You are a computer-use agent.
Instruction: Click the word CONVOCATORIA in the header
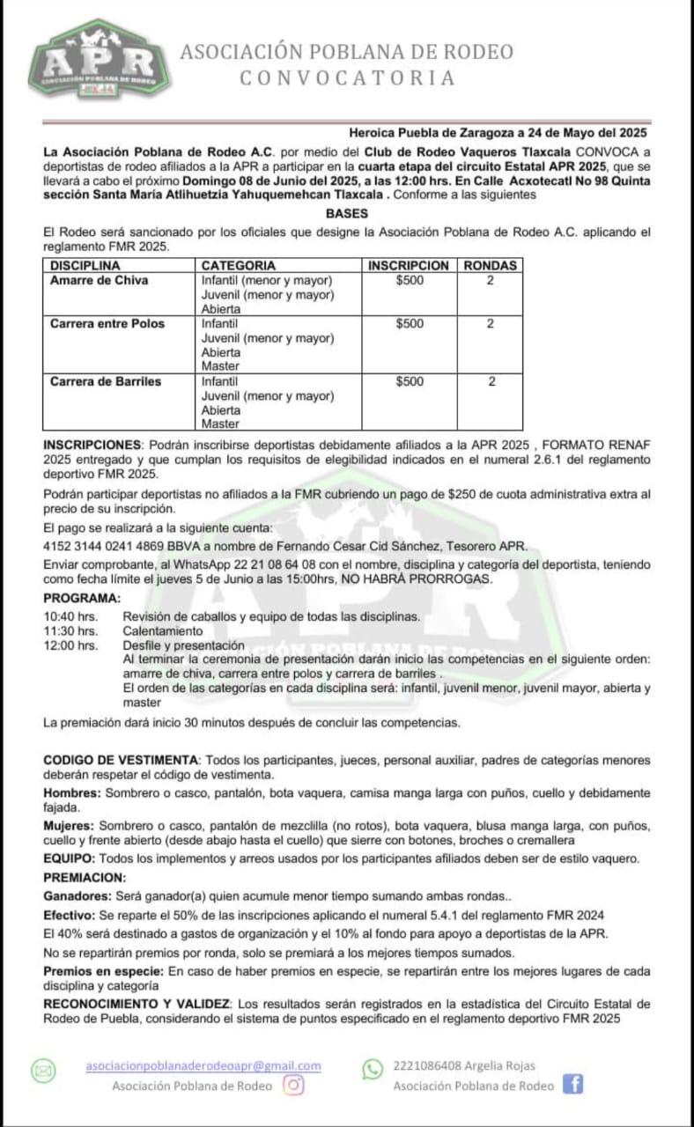click(x=348, y=78)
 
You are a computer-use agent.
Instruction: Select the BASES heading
click(x=346, y=213)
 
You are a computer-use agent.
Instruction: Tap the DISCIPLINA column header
click(x=85, y=265)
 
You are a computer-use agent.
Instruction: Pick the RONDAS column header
click(x=491, y=265)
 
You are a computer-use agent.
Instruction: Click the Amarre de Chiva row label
click(x=100, y=281)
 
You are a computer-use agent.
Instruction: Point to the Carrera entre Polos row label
click(x=107, y=324)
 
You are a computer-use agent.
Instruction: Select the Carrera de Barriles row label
click(x=106, y=381)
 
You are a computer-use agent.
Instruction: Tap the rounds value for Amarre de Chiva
click(x=491, y=281)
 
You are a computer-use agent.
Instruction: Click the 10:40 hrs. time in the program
click(x=70, y=616)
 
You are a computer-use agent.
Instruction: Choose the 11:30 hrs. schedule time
click(x=70, y=630)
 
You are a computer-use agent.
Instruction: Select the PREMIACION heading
click(x=85, y=877)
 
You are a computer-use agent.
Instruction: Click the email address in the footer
click(x=203, y=1065)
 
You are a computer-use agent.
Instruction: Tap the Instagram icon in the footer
click(x=294, y=1085)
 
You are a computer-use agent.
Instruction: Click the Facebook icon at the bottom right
click(x=573, y=1084)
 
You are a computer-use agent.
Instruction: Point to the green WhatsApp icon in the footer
click(x=373, y=1068)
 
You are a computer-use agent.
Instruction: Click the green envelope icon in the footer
click(x=43, y=1071)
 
